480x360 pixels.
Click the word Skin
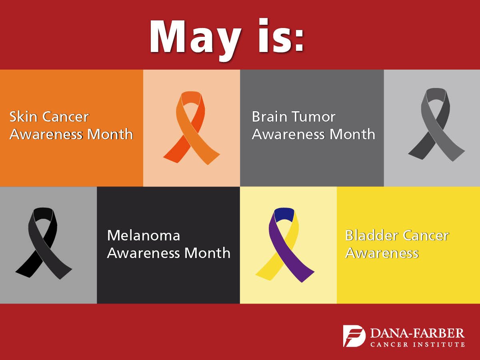pyautogui.click(x=24, y=117)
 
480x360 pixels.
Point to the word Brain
pyautogui.click(x=270, y=117)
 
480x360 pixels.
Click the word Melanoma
pyautogui.click(x=144, y=235)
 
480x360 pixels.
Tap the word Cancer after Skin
pyautogui.click(x=66, y=117)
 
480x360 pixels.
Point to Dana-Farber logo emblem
pyautogui.click(x=354, y=336)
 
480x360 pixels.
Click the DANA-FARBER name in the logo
pyautogui.click(x=417, y=333)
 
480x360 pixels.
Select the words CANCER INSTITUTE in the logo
pyautogui.click(x=417, y=344)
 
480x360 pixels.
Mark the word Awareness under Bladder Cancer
pyautogui.click(x=382, y=253)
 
